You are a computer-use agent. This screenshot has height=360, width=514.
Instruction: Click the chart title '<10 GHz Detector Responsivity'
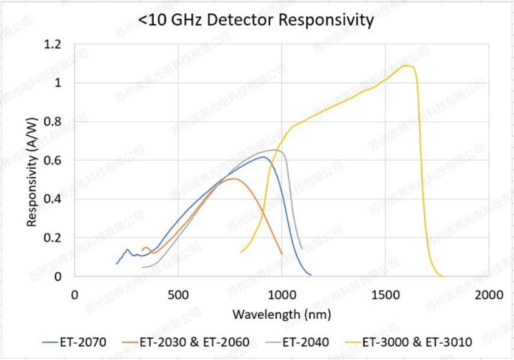coord(256,20)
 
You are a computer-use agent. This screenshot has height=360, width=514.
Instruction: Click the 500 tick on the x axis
coord(178,294)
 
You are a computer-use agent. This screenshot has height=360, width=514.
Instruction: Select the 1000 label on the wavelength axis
coord(281,294)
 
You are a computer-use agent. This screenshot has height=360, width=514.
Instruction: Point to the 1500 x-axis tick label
coord(385,294)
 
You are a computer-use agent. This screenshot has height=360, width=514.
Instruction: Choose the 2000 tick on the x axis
coord(488,294)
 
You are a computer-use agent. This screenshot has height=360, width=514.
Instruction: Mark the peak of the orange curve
coord(233,179)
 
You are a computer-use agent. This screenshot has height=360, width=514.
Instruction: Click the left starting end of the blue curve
coord(117,264)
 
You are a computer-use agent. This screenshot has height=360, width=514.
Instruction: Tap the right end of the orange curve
coord(282,254)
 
